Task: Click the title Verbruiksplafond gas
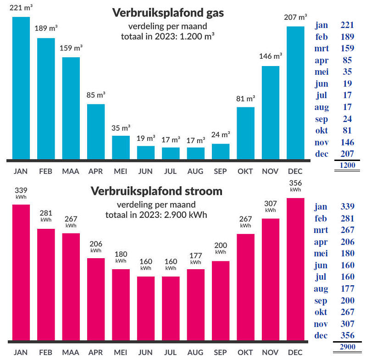168,13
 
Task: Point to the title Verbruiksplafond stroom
156,191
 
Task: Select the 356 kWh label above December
295,184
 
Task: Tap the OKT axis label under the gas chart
245,172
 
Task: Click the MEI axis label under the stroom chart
121,353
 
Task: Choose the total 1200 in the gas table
347,166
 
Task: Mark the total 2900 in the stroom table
347,347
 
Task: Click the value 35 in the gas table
347,72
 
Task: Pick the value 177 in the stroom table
347,289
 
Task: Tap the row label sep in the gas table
322,119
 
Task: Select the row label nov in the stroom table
322,324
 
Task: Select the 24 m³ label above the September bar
221,135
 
